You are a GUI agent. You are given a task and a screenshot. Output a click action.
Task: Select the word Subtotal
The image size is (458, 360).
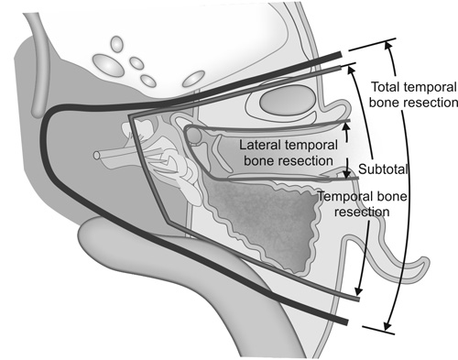click(x=383, y=170)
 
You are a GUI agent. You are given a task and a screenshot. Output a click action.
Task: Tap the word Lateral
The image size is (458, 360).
click(x=257, y=144)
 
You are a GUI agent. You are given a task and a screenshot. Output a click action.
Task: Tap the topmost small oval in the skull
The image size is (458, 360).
click(x=115, y=44)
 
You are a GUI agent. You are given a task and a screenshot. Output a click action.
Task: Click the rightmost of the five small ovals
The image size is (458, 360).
click(x=192, y=79)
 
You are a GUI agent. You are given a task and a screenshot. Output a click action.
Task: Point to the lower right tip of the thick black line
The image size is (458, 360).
click(x=345, y=322)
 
